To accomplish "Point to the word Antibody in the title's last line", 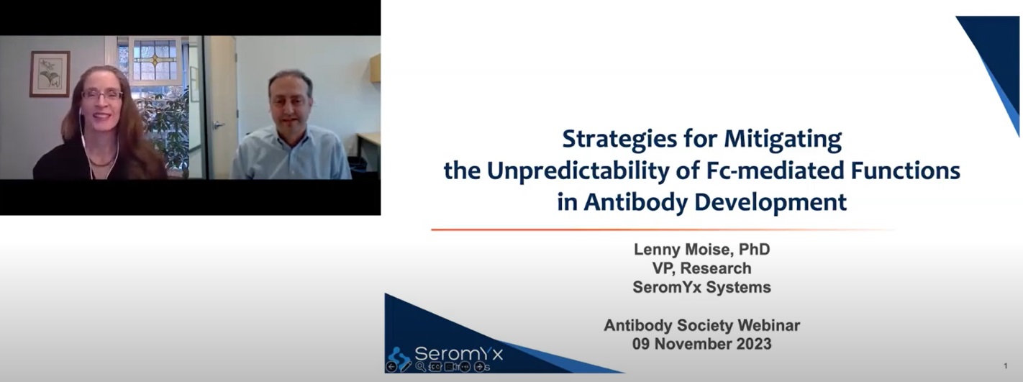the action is [636, 202].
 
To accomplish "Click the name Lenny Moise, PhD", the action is [702, 250].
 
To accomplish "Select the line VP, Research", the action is [702, 268].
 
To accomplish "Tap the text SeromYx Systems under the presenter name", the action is [702, 287].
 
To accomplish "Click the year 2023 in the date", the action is [753, 344].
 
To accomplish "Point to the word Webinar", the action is [768, 325].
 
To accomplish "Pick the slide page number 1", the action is [1006, 366].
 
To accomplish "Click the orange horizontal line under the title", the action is [662, 229].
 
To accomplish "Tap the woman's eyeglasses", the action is [102, 96].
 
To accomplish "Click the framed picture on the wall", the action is [50, 73].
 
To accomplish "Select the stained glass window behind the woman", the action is [155, 60].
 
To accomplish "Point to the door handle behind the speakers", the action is [218, 124].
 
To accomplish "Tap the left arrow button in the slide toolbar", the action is [391, 366].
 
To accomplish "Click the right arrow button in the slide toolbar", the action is [479, 366].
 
